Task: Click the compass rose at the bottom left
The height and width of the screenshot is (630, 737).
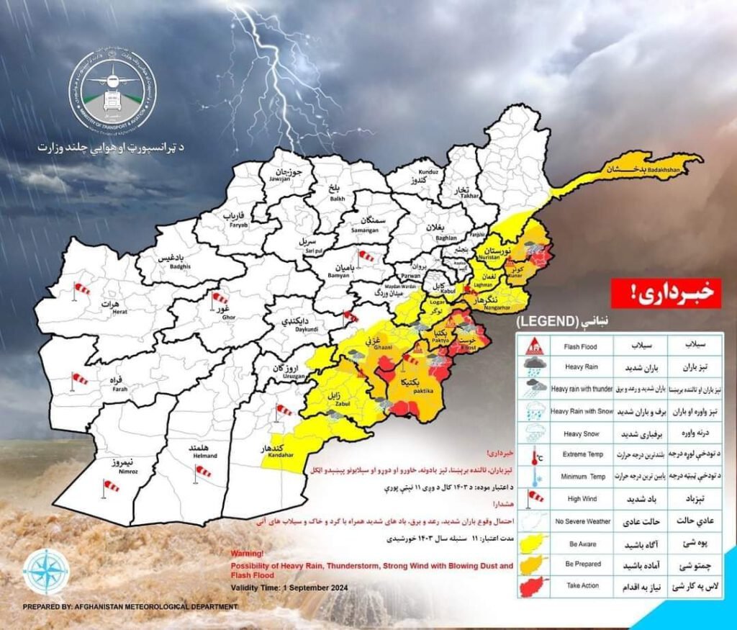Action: point(47,570)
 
